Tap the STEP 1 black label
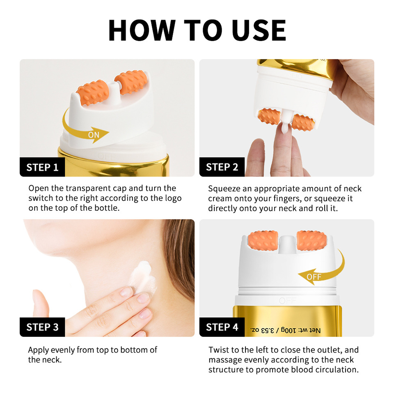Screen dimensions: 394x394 click(42, 167)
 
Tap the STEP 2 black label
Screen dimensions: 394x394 click(222, 167)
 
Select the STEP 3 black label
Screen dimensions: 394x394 click(42, 327)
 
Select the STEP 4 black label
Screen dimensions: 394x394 click(222, 327)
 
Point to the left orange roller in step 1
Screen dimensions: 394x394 click(94, 91)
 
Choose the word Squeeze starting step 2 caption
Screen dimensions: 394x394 click(224, 189)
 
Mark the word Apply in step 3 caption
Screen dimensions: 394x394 click(38, 350)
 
